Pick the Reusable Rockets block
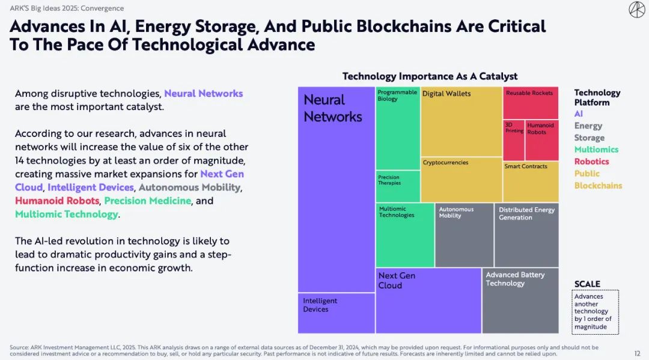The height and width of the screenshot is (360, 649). pyautogui.click(x=530, y=103)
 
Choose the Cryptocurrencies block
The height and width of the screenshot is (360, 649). pyautogui.click(x=461, y=179)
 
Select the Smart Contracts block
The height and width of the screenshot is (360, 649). pyautogui.click(x=530, y=181)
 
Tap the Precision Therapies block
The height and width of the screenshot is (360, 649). pyautogui.click(x=398, y=186)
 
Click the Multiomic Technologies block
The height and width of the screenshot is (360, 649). pyautogui.click(x=405, y=235)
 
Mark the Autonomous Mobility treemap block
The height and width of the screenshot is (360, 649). pyautogui.click(x=464, y=235)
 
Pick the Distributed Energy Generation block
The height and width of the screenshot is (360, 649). pyautogui.click(x=526, y=235)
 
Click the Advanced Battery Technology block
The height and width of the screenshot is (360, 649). pyautogui.click(x=520, y=301)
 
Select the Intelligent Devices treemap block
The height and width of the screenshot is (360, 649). pyautogui.click(x=337, y=313)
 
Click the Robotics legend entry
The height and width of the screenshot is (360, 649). pyautogui.click(x=591, y=162)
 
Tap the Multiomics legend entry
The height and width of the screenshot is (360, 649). pyautogui.click(x=596, y=150)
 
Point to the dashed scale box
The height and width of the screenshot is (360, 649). pyautogui.click(x=595, y=311)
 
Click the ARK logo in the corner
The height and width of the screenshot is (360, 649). pyautogui.click(x=636, y=10)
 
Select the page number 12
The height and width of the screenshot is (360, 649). pyautogui.click(x=638, y=353)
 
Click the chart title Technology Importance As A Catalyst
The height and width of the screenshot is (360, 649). pyautogui.click(x=430, y=76)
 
